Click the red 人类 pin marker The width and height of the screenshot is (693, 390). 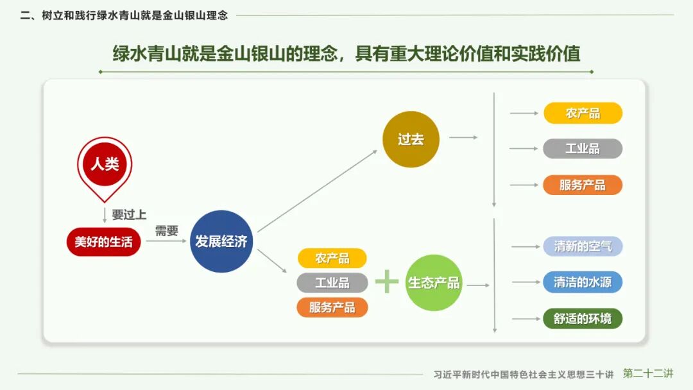pyautogui.click(x=105, y=163)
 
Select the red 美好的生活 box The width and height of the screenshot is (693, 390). pyautogui.click(x=103, y=242)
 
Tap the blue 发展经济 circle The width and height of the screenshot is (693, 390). pyautogui.click(x=221, y=242)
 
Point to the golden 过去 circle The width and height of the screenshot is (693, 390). pyautogui.click(x=411, y=139)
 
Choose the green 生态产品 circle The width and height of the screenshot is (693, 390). pyautogui.click(x=434, y=282)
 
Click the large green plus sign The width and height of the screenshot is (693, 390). pyautogui.click(x=387, y=282)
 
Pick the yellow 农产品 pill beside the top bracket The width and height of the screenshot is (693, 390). pyautogui.click(x=583, y=113)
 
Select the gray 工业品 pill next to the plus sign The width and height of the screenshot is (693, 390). pyautogui.click(x=332, y=282)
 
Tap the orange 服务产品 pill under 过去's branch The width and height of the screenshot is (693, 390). pyautogui.click(x=583, y=185)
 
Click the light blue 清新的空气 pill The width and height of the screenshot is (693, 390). pyautogui.click(x=583, y=246)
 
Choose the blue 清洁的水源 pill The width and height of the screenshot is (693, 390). pyautogui.click(x=583, y=282)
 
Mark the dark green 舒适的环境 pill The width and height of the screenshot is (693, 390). pyautogui.click(x=583, y=318)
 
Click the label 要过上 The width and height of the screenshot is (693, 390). pyautogui.click(x=129, y=215)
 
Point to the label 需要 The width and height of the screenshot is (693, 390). pyautogui.click(x=167, y=231)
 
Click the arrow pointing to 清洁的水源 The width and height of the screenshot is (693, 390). pyautogui.click(x=525, y=282)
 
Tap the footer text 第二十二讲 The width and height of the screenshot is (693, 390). pyautogui.click(x=648, y=373)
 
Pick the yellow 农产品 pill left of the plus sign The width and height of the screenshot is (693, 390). pyautogui.click(x=332, y=259)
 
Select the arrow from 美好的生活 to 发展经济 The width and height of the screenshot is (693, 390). pyautogui.click(x=165, y=242)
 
